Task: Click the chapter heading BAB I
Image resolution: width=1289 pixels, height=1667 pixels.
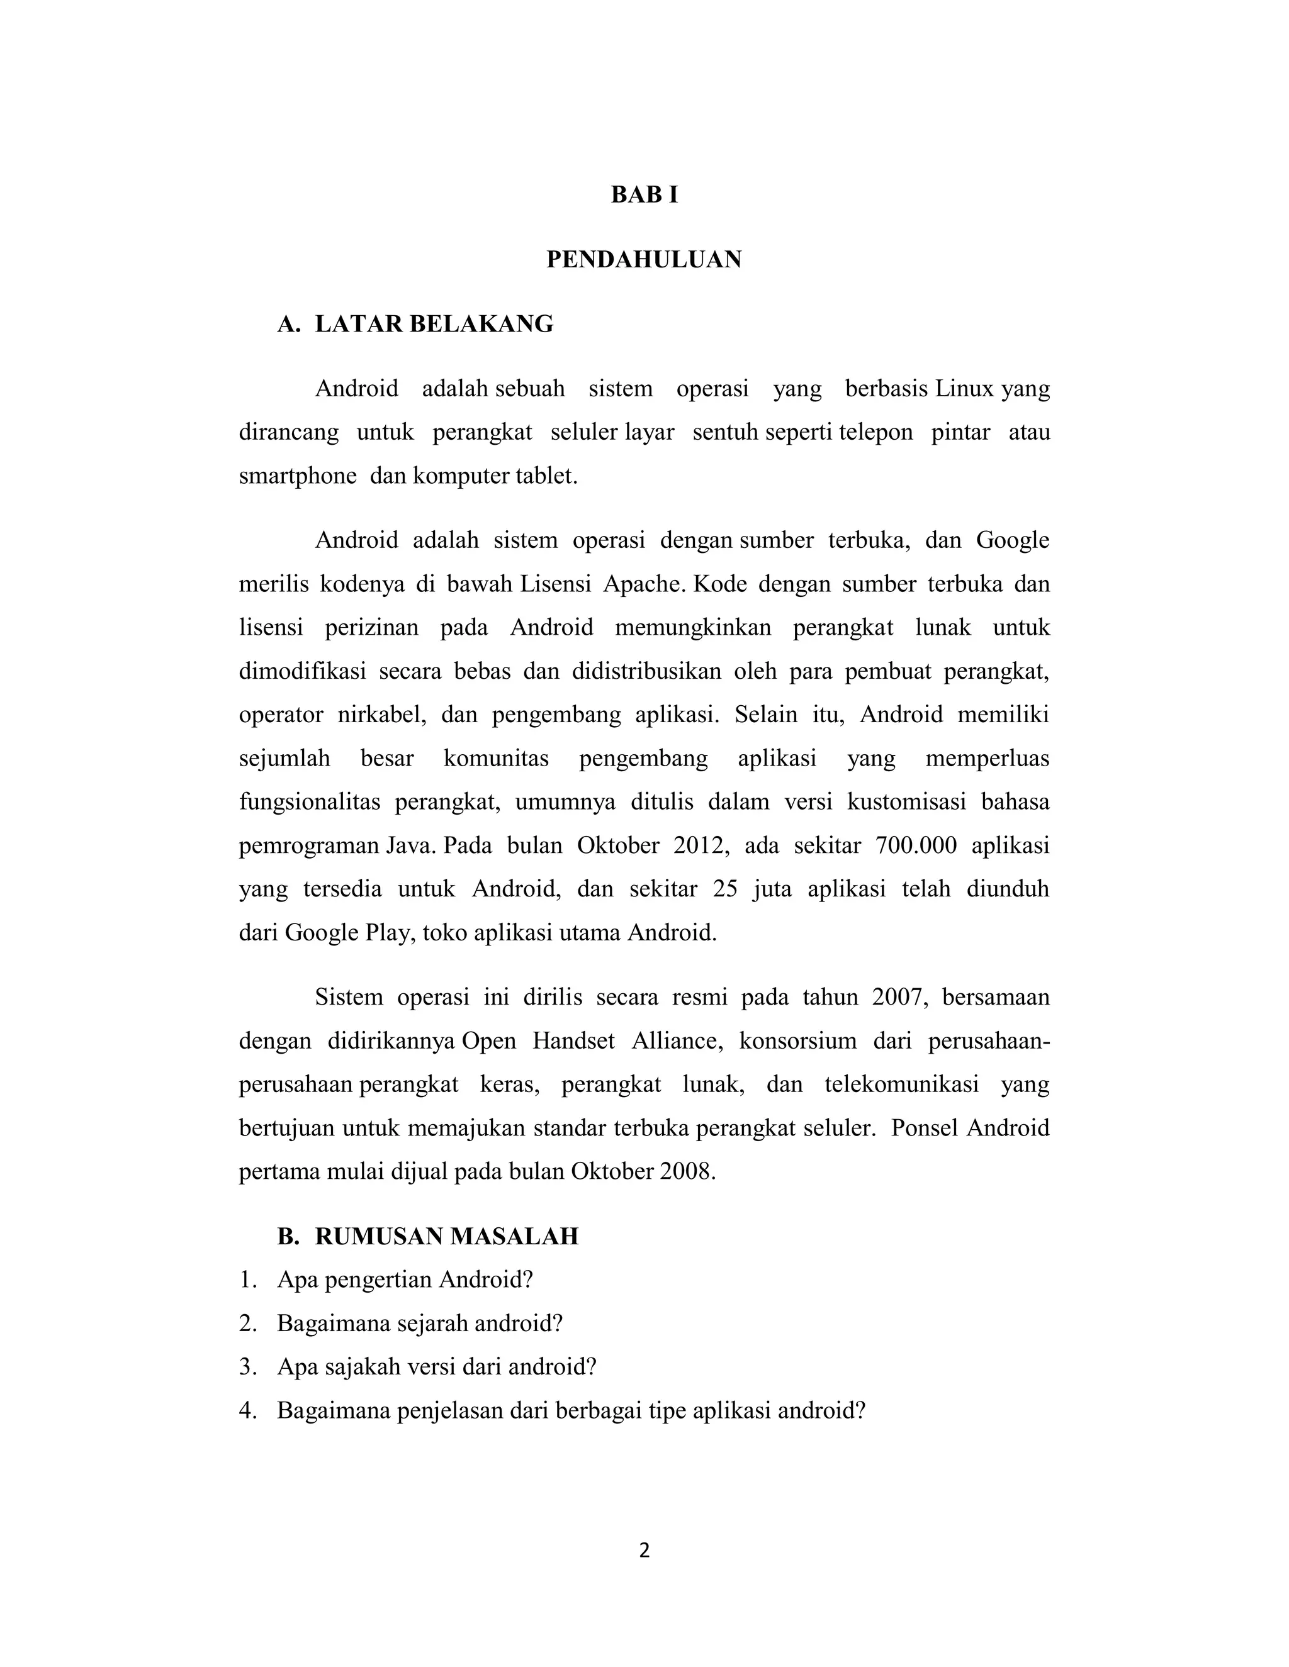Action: tap(644, 196)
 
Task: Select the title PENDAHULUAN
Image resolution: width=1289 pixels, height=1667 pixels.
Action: tap(644, 260)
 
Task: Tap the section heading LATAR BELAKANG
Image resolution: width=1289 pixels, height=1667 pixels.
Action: tap(434, 325)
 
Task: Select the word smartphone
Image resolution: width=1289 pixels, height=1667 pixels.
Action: tap(298, 476)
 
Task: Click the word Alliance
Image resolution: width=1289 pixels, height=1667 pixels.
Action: tap(677, 1041)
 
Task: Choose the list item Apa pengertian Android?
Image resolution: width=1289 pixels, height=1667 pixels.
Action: tap(405, 1280)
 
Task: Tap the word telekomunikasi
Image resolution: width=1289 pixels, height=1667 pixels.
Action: tap(901, 1084)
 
